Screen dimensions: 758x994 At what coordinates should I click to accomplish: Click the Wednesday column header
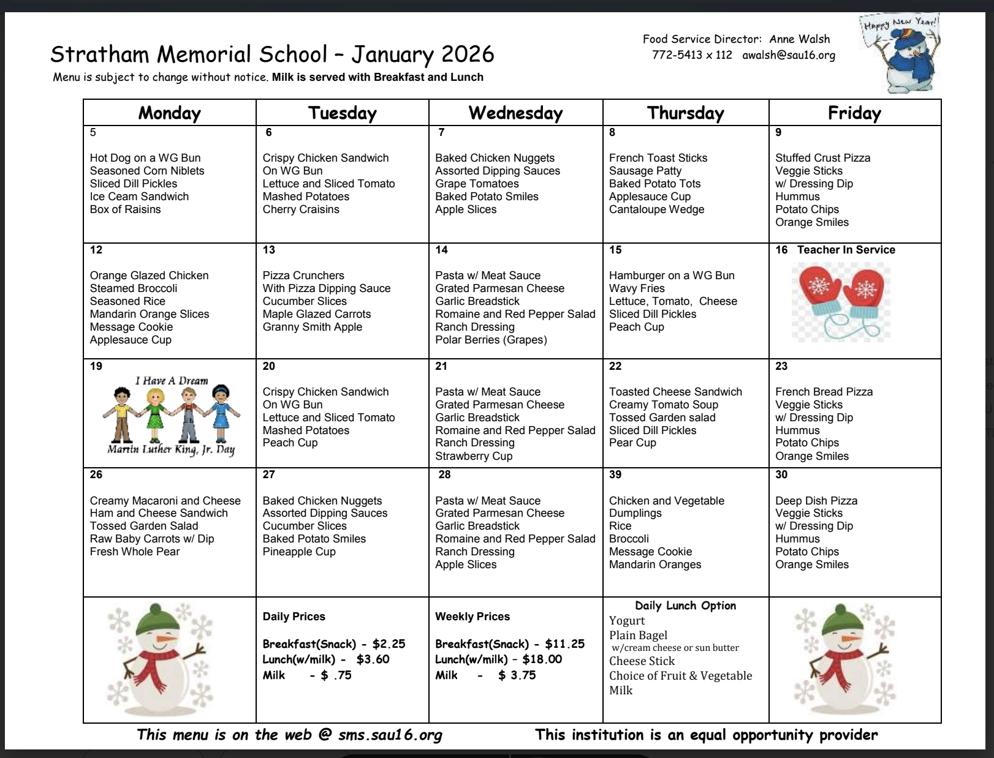click(515, 113)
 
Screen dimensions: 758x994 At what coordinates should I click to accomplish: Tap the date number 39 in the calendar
click(615, 475)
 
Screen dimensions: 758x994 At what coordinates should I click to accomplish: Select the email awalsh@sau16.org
click(789, 55)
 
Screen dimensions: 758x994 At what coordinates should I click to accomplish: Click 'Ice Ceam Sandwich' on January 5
click(139, 197)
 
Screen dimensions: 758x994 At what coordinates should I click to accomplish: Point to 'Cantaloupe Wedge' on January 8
click(656, 209)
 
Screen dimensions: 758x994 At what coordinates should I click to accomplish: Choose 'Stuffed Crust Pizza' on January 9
click(822, 158)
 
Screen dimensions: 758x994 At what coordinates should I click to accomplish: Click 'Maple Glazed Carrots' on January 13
click(317, 314)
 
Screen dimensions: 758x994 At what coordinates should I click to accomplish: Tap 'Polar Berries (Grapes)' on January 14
click(491, 340)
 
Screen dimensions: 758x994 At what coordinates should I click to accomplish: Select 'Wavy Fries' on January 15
click(637, 288)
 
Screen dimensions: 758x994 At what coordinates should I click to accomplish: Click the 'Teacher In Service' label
click(846, 250)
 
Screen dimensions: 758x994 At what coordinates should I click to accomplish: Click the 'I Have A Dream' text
click(172, 381)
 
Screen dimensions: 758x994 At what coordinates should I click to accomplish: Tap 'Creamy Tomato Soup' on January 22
click(664, 405)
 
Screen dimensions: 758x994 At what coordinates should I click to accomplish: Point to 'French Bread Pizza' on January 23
click(824, 392)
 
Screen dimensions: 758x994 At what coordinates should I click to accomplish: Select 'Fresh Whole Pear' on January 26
click(135, 552)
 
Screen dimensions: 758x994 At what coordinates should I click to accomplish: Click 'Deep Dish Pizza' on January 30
click(816, 501)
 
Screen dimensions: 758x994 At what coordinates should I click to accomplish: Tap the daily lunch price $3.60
click(373, 659)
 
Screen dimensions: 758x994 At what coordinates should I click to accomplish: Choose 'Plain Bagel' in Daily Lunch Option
click(638, 636)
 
